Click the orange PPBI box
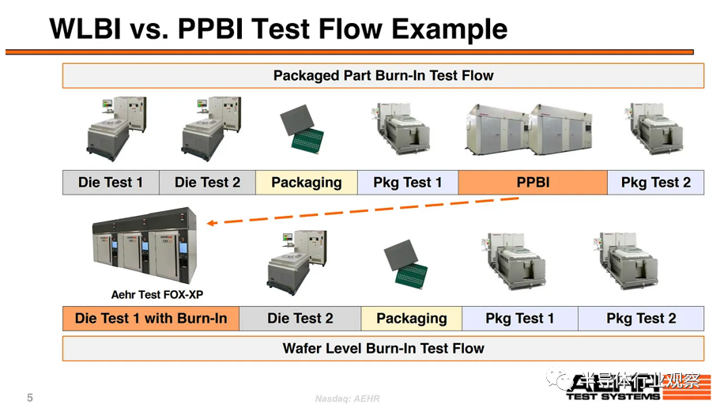pyautogui.click(x=533, y=183)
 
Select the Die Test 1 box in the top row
pyautogui.click(x=111, y=183)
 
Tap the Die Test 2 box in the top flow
pyautogui.click(x=207, y=183)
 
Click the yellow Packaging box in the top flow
pyautogui.click(x=307, y=183)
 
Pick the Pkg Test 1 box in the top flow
pyautogui.click(x=408, y=183)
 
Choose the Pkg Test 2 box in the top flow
pyautogui.click(x=655, y=183)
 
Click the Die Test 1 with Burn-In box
pyautogui.click(x=151, y=319)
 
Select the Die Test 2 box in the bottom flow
pyautogui.click(x=300, y=319)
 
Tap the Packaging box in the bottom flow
pyautogui.click(x=411, y=319)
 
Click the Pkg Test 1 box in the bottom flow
pyautogui.click(x=519, y=319)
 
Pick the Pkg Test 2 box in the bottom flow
pyautogui.click(x=641, y=319)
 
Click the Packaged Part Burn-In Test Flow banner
pyautogui.click(x=383, y=76)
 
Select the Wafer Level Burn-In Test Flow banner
pyautogui.click(x=383, y=348)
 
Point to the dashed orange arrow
pyautogui.click(x=364, y=210)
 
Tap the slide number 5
pyautogui.click(x=30, y=398)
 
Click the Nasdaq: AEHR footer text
pyautogui.click(x=348, y=399)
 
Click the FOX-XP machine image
pyautogui.click(x=143, y=247)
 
